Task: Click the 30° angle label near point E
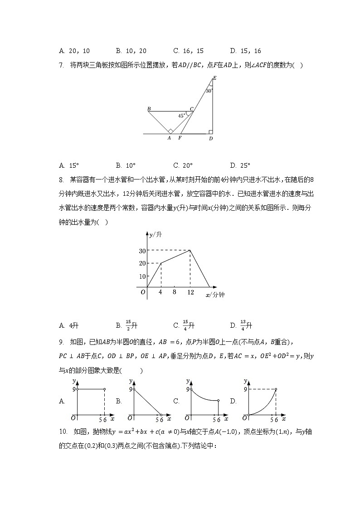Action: pos(209,91)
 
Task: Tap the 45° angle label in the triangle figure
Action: pos(181,116)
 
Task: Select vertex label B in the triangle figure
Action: pos(149,109)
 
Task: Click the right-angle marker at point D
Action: pos(210,132)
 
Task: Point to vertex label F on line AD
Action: pos(180,138)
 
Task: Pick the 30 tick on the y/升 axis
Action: pos(142,250)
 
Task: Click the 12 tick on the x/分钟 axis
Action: pos(190,292)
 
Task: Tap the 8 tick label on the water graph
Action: pos(174,292)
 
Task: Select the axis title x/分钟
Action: pos(215,295)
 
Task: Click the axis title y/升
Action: pos(156,234)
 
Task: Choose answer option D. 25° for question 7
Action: pos(240,165)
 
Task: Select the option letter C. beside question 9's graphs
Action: pos(176,401)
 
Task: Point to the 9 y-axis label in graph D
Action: pos(244,389)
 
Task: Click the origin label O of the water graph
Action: pos(143,292)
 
